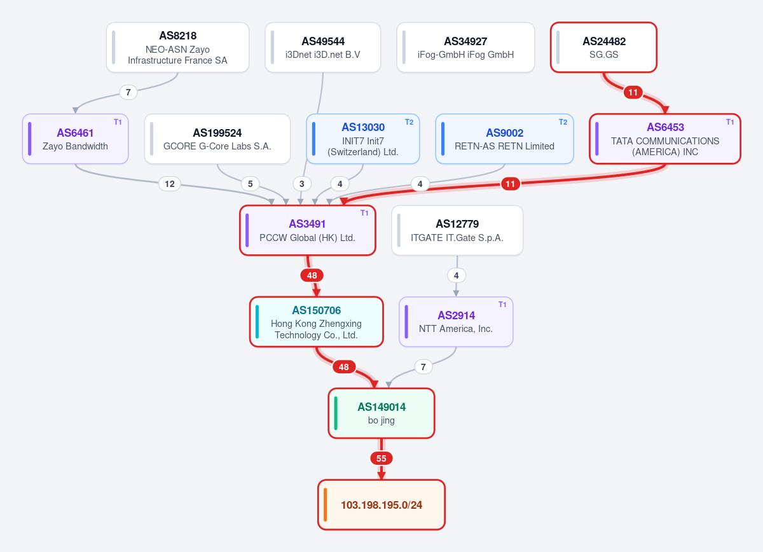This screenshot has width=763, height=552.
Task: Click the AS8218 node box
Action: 177,47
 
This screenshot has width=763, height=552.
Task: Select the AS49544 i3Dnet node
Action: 322,47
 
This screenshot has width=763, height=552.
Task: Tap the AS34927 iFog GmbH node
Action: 465,47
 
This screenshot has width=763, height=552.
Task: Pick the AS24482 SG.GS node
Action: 603,47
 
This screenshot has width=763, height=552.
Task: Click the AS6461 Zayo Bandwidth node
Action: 75,139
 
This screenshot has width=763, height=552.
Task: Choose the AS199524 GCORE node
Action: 217,139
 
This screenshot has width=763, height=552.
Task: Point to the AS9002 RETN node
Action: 504,139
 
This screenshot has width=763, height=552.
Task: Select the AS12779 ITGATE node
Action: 457,230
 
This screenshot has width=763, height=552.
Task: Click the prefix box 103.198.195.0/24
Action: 381,505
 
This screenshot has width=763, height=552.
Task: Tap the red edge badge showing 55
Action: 381,459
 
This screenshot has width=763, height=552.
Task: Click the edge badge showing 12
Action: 170,184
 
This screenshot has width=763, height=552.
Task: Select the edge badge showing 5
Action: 251,184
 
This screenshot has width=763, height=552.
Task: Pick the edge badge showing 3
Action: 302,184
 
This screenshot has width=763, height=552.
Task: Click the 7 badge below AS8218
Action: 128,92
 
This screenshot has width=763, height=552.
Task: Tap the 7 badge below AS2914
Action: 423,367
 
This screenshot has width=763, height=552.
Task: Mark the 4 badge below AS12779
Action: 457,275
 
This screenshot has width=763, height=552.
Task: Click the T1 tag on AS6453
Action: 730,122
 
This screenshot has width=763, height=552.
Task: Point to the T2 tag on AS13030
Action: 409,122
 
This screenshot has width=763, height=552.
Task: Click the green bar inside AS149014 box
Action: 336,413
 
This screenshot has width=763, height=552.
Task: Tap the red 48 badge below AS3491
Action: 312,275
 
